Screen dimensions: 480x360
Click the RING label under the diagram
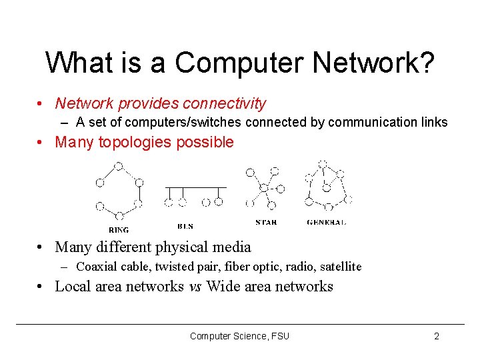119,229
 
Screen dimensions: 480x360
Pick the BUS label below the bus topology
186,225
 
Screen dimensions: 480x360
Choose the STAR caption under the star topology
266,222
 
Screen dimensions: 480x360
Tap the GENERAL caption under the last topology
326,222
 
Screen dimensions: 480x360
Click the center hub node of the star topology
264,188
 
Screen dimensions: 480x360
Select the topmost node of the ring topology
118,167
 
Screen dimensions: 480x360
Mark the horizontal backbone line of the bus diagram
195,187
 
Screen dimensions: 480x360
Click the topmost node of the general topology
323,163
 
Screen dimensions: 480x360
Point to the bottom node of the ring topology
119,216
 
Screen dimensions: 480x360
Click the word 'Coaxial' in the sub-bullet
97,267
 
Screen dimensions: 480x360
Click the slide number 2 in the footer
437,336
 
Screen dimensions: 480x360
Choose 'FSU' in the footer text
280,336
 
